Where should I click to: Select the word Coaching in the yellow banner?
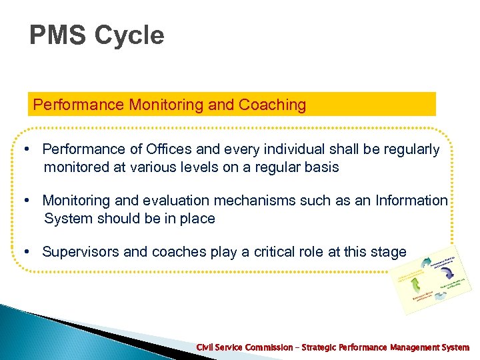pyautogui.click(x=273, y=105)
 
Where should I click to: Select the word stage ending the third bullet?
pyautogui.click(x=388, y=252)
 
